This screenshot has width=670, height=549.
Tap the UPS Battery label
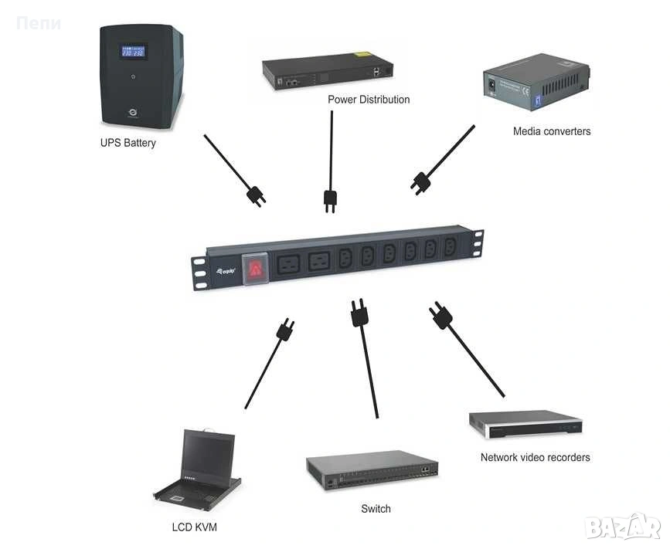(x=128, y=143)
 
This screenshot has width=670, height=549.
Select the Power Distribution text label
(x=369, y=100)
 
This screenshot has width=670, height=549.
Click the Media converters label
(x=552, y=131)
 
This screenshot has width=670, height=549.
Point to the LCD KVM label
(x=195, y=528)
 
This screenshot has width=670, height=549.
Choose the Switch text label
(x=376, y=509)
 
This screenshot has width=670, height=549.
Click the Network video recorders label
(x=535, y=457)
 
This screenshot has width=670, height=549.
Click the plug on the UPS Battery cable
(x=256, y=195)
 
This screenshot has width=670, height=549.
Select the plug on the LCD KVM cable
(x=285, y=329)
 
